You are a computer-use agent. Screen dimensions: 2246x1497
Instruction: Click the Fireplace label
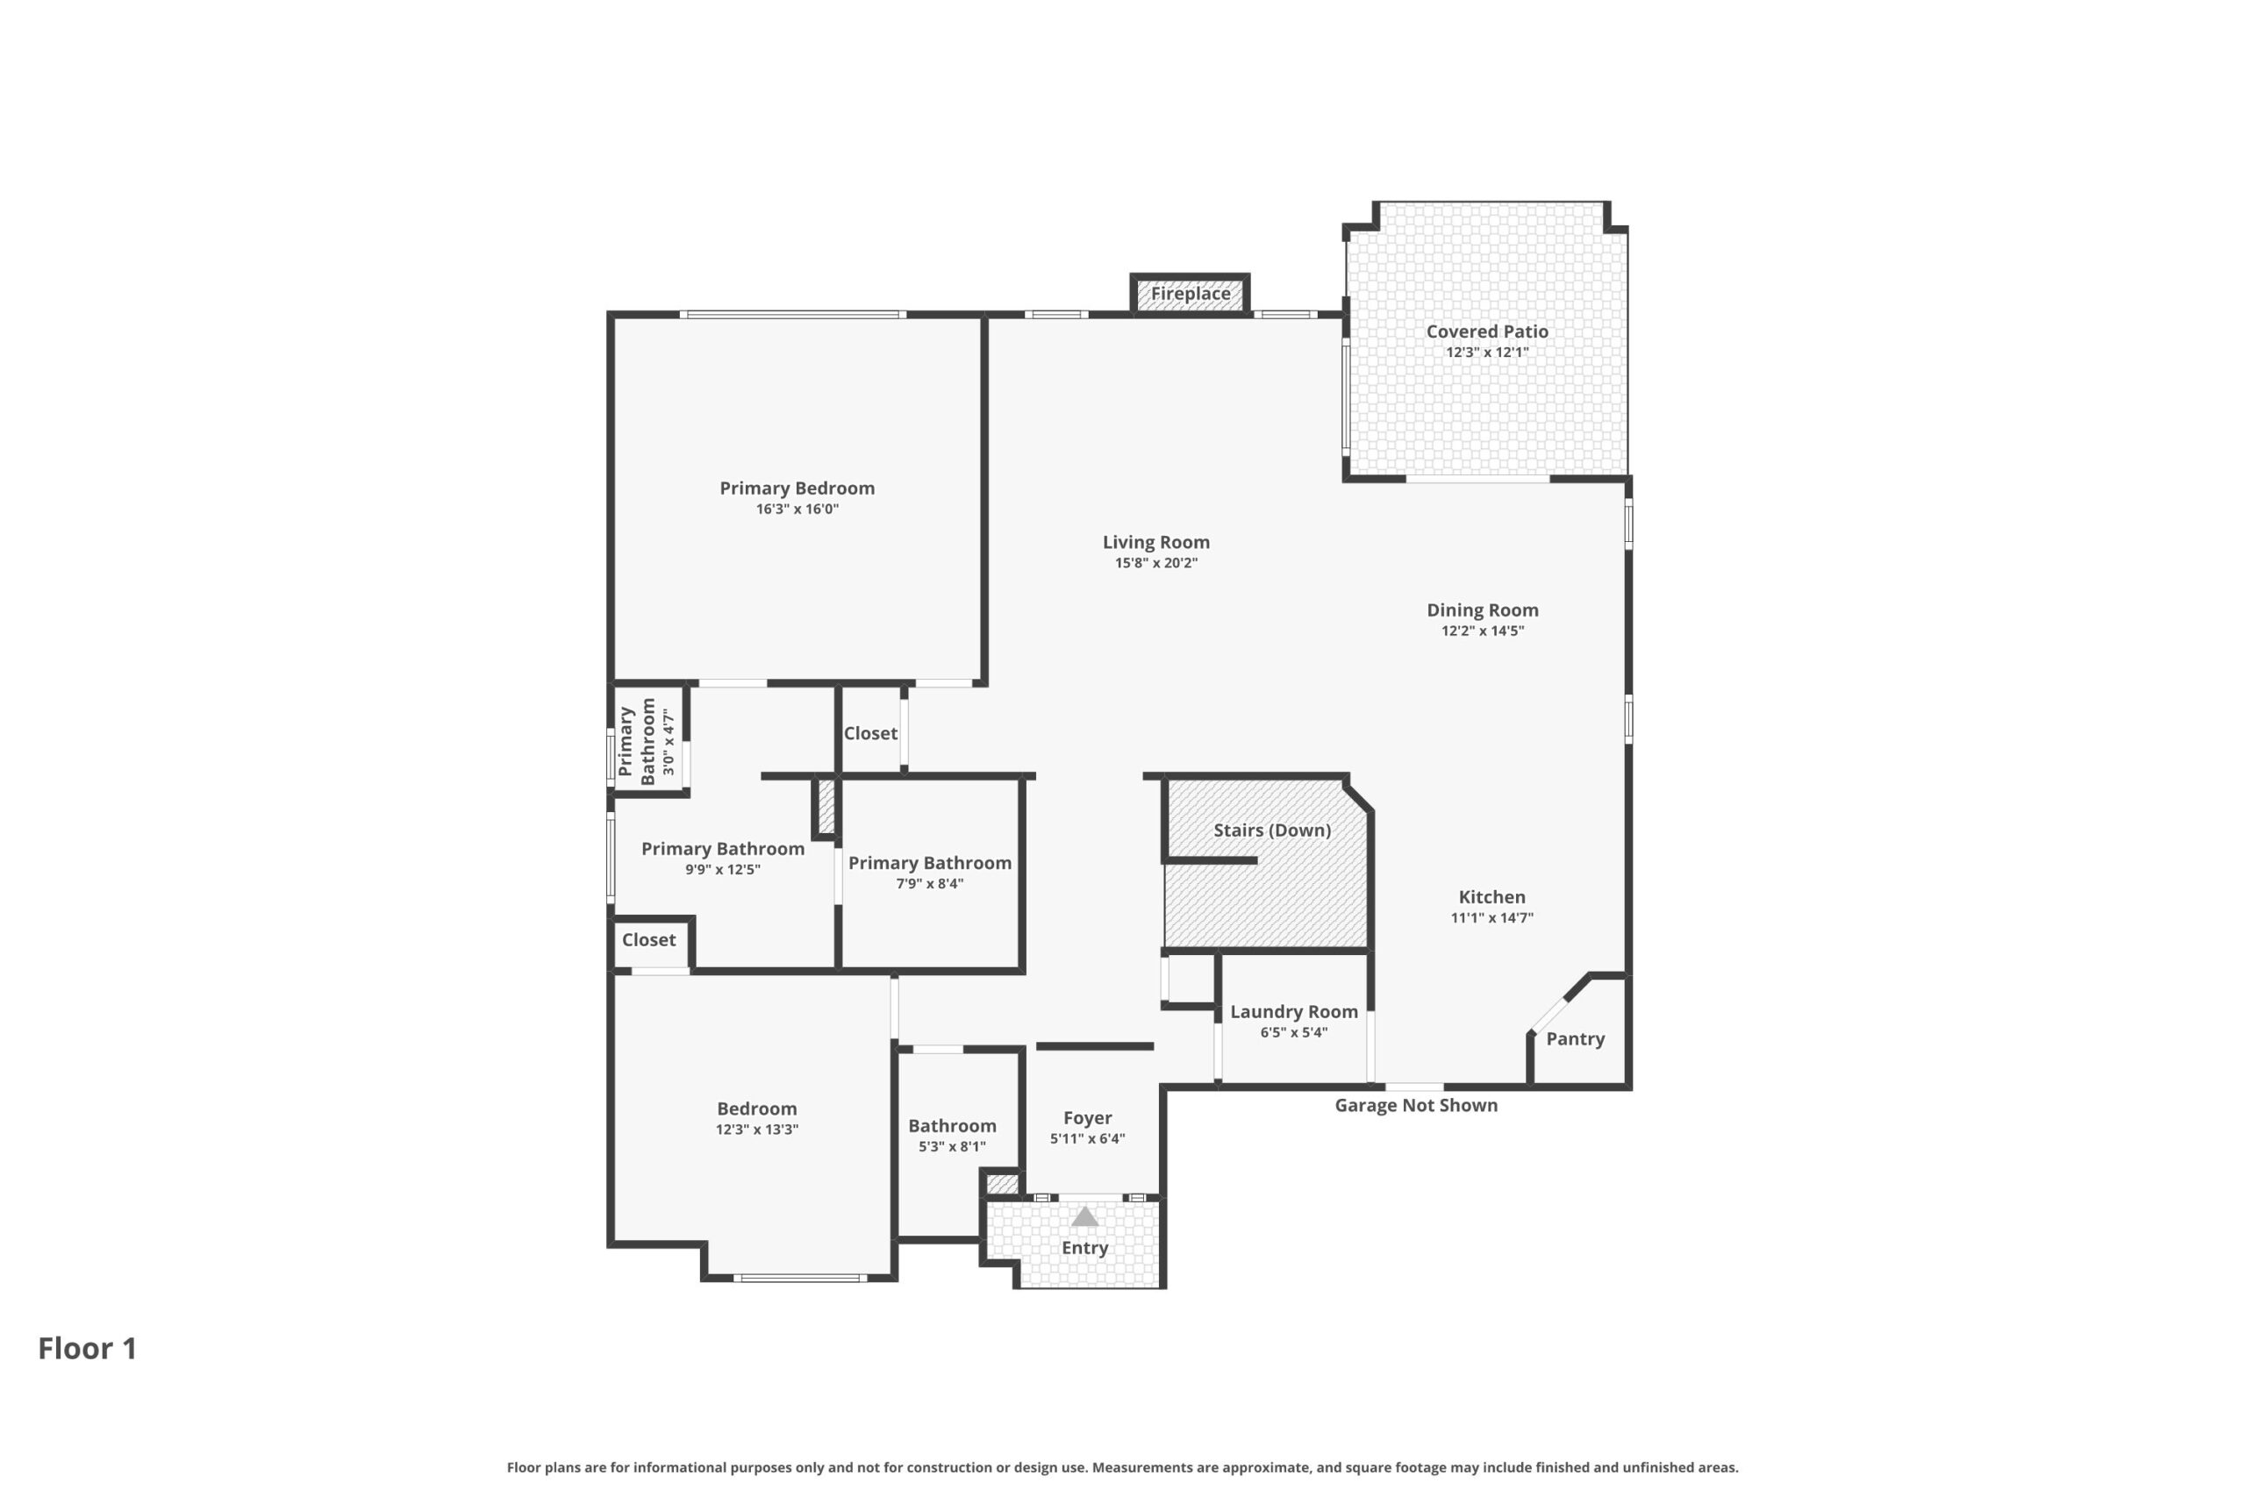(1190, 293)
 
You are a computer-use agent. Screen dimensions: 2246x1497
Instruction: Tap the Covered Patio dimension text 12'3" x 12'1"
(1487, 353)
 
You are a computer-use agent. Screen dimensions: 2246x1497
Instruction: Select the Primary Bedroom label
(797, 488)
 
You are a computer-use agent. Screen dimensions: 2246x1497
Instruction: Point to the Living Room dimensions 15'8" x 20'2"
(1155, 563)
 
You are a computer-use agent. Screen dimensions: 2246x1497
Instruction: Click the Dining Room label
(1482, 610)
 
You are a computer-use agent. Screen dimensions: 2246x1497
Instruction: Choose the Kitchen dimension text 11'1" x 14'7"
(1491, 918)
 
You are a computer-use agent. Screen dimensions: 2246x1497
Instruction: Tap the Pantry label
(1575, 1038)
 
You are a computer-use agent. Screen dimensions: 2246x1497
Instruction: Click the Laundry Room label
(1293, 1011)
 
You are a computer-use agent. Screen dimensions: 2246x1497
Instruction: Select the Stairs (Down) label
(1272, 830)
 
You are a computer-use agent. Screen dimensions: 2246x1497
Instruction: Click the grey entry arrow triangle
(1084, 1217)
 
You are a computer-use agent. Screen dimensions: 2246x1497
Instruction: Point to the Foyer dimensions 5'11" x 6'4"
(1087, 1139)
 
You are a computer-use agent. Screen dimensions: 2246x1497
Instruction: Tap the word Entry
(1084, 1248)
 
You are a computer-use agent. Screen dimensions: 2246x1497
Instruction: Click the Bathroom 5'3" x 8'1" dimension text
(952, 1146)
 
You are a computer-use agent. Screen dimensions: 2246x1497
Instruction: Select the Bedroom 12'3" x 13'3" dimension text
(756, 1130)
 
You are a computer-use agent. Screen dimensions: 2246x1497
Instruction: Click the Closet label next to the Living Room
(870, 733)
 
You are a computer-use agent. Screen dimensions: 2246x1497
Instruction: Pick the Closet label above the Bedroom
(648, 939)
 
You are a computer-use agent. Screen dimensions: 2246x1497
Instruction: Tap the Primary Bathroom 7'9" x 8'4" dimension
(929, 884)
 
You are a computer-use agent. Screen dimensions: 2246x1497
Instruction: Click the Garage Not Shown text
(1415, 1105)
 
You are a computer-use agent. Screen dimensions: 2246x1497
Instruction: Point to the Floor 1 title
(87, 1348)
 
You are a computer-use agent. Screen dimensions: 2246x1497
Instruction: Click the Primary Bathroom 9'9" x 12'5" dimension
(722, 870)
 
